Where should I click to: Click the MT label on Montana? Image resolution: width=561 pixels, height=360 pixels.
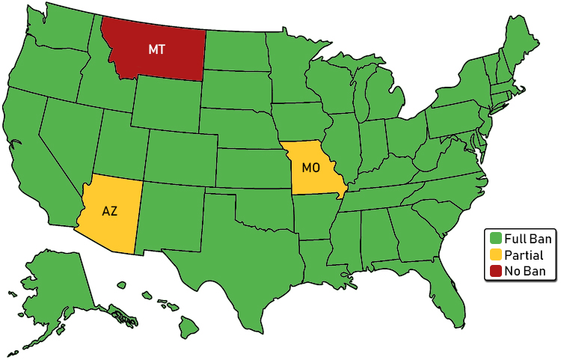(x=156, y=49)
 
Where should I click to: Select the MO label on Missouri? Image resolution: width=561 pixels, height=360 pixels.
(x=312, y=167)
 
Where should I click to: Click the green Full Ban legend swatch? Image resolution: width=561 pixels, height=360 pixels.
(x=494, y=239)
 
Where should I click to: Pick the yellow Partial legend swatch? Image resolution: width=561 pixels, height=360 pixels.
(x=494, y=255)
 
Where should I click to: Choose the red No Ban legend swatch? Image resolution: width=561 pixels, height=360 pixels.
(x=494, y=271)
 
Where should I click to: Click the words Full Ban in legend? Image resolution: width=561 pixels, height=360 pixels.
(x=527, y=239)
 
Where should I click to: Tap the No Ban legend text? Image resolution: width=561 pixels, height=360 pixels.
(x=525, y=271)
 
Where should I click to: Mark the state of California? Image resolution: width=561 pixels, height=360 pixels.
(x=34, y=150)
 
